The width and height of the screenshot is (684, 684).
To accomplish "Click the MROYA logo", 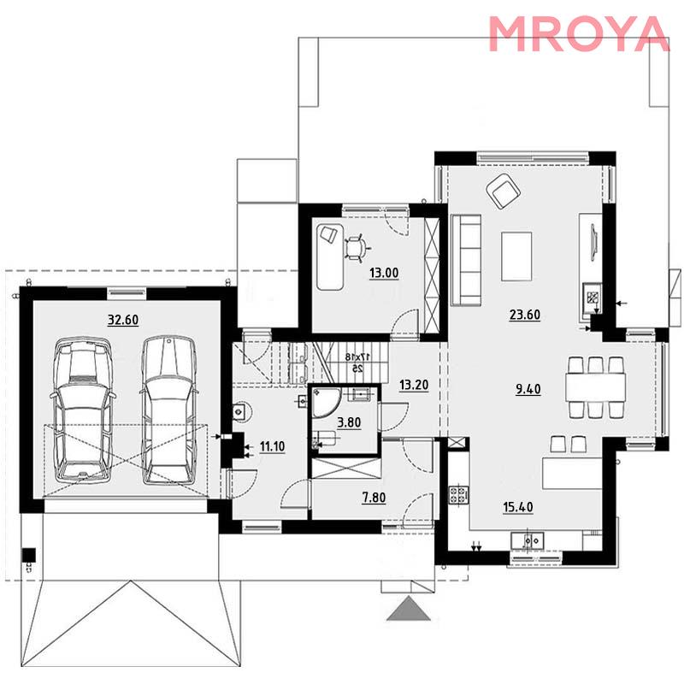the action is [x=579, y=33].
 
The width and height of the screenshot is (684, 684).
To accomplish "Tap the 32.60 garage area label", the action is [x=123, y=320].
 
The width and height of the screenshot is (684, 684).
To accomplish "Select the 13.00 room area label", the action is [x=384, y=273].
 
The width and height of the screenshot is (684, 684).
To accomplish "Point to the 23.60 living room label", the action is [x=525, y=315].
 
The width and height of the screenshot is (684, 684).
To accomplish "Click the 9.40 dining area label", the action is [x=528, y=389].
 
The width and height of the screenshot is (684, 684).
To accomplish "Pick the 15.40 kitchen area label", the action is [x=518, y=507].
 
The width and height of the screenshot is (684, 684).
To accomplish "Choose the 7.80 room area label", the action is [x=374, y=498].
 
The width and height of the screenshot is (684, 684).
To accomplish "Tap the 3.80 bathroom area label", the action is [x=349, y=422].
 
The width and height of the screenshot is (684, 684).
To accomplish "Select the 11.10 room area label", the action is [x=272, y=446].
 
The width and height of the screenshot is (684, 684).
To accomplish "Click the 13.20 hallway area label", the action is [x=414, y=385].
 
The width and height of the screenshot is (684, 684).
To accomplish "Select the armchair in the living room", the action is [x=504, y=190].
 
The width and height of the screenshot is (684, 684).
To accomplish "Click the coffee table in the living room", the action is [x=516, y=256].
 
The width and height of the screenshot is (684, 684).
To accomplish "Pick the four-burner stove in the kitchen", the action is [x=459, y=495].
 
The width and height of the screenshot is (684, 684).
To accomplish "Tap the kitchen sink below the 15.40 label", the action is [x=528, y=540].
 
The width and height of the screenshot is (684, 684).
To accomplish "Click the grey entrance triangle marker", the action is [x=409, y=609].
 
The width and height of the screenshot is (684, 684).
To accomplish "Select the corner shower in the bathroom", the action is [x=325, y=402].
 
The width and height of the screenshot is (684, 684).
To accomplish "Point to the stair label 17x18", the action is [x=354, y=357].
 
